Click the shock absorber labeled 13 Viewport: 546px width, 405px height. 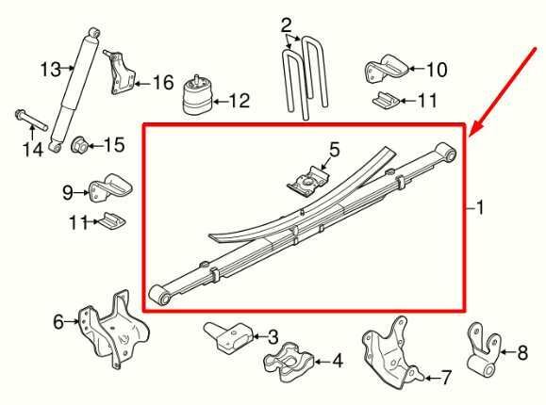(x=74, y=91)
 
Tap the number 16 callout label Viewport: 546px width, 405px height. (x=163, y=83)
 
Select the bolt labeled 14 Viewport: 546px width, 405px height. (x=31, y=121)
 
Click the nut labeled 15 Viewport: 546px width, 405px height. (x=80, y=145)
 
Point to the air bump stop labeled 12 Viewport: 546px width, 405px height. (x=197, y=95)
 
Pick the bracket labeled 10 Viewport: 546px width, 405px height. (x=386, y=68)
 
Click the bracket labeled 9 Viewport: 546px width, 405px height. (x=110, y=187)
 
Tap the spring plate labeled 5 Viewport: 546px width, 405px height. (x=308, y=181)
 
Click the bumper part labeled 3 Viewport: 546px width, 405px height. (x=228, y=336)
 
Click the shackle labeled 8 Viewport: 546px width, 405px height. (x=484, y=351)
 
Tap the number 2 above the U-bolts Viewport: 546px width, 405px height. (x=286, y=25)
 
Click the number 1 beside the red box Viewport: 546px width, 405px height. (x=480, y=208)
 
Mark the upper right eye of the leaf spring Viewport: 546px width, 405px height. (x=446, y=153)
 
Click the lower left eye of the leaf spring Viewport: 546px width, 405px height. (x=159, y=296)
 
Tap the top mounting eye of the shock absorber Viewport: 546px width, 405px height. (x=94, y=33)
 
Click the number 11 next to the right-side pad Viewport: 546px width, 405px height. (x=427, y=101)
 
